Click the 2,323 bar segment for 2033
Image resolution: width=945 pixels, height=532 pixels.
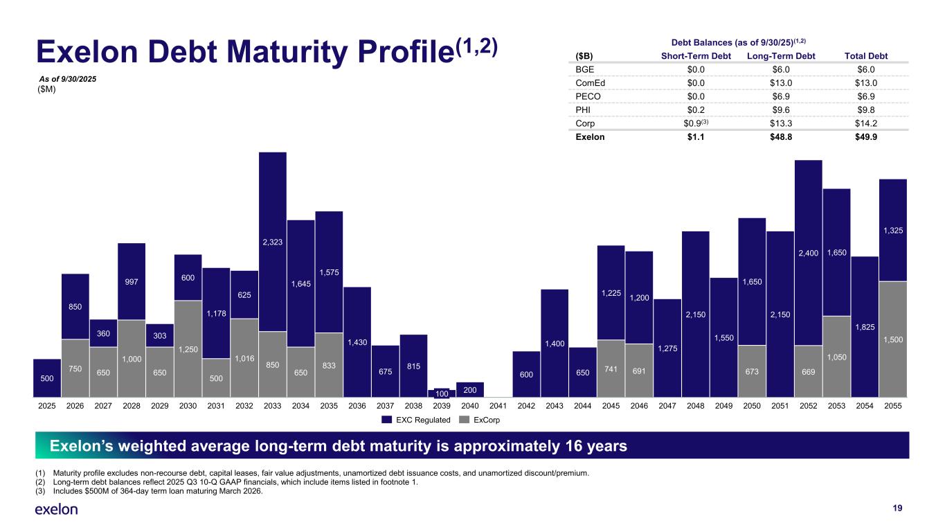(272, 241)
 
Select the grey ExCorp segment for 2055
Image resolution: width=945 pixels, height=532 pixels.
(892, 339)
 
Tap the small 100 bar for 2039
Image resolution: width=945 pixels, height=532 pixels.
(441, 393)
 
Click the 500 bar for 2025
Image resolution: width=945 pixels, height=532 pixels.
(46, 378)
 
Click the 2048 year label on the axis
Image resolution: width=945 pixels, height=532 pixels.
(695, 406)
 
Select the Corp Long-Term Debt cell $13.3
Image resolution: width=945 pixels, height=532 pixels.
(783, 123)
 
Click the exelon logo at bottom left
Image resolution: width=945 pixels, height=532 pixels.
(57, 509)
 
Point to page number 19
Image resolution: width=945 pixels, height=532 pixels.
(897, 508)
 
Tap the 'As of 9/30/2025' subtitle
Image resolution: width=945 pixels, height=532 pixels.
(67, 80)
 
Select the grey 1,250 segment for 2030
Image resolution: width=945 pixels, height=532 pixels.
(188, 348)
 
